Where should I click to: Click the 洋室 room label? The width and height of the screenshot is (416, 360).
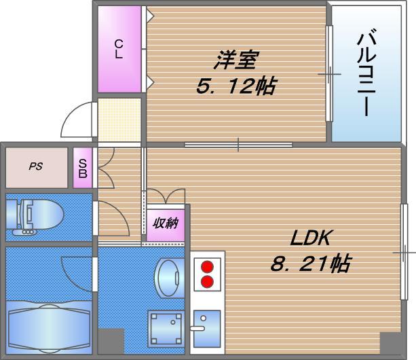pos(235,61)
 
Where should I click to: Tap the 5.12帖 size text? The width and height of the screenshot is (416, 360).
pos(235,87)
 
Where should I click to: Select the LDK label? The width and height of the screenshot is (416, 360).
pos(310,238)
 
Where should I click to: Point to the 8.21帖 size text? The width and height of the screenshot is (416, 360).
pos(310,264)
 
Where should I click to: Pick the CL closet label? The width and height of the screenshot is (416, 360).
pos(118,50)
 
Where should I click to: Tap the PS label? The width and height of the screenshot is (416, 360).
pos(35,166)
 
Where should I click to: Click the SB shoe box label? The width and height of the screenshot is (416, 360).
pos(82,168)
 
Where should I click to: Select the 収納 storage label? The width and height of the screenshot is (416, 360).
pos(165,223)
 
